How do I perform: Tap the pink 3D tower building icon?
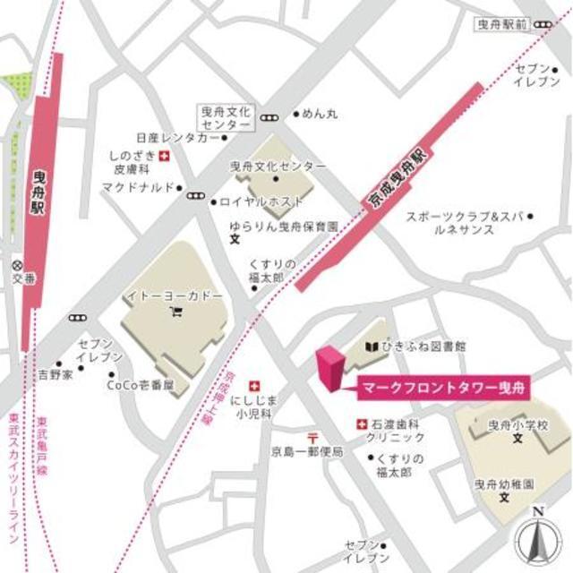329,367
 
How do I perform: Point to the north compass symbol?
537,537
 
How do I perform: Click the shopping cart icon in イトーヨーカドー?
175,312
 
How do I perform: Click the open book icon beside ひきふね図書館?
370,346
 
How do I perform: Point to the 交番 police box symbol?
18,265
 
